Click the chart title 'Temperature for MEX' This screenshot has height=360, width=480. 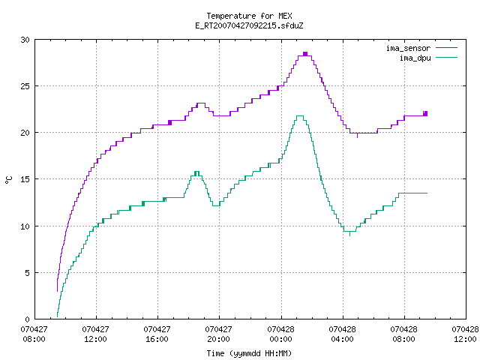[249, 16]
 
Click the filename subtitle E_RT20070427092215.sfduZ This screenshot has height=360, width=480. [249, 25]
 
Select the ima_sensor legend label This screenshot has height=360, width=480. [408, 48]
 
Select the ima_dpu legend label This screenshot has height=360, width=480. [415, 58]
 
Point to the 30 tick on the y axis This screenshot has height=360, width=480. [25, 40]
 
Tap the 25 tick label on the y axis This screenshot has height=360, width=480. [25, 86]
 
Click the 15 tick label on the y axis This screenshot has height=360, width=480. [25, 179]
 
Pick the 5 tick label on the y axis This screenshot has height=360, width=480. [27, 273]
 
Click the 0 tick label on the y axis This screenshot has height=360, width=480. [27, 319]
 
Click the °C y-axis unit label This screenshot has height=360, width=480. [9, 180]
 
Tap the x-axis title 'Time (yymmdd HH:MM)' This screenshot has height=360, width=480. [249, 353]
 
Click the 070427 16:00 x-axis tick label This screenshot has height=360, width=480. [157, 334]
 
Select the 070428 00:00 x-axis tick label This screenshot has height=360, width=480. [280, 334]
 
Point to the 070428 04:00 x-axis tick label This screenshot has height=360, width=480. [342, 334]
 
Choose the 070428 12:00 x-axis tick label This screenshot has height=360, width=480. [465, 334]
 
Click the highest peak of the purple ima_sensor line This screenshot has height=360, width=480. [305, 54]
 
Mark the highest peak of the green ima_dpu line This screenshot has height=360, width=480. [300, 115]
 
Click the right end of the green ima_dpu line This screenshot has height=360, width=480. [427, 193]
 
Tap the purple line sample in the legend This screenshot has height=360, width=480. [446, 48]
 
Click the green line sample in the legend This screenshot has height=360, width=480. [446, 58]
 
